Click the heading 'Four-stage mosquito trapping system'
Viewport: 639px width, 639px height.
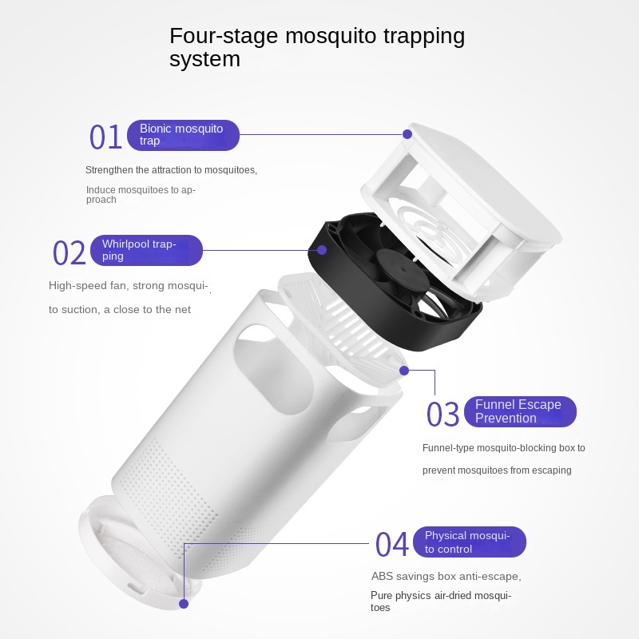pos(316,47)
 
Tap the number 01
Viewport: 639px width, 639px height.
pos(105,137)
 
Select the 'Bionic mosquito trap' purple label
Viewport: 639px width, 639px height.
pos(183,135)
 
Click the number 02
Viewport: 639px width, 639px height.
pos(69,252)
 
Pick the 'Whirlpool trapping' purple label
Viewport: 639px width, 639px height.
pos(146,250)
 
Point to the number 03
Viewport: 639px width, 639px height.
pos(443,415)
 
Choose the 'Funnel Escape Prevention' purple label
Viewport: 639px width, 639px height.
pos(519,411)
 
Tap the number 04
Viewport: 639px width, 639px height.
pos(391,544)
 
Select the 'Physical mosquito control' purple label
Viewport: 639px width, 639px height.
pos(474,542)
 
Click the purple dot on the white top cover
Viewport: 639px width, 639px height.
pos(407,134)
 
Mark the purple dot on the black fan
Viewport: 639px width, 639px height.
pos(323,250)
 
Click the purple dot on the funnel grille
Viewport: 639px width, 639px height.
pos(404,371)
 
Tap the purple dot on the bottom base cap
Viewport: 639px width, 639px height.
pos(184,603)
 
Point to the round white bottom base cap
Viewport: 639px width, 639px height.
pos(132,547)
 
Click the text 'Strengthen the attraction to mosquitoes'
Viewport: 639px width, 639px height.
pos(171,170)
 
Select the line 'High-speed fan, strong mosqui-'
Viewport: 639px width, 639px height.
pos(128,285)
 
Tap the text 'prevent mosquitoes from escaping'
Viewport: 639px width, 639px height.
pos(497,470)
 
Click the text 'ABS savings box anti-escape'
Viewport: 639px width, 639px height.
pos(446,576)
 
